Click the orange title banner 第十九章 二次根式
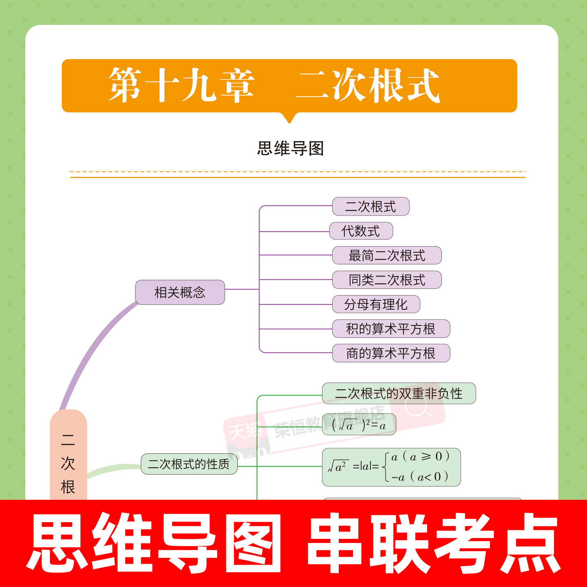(x=289, y=86)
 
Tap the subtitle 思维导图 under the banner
(x=290, y=148)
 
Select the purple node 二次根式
(x=371, y=207)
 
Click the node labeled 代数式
(x=361, y=231)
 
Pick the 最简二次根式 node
(x=387, y=256)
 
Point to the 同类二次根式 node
(x=387, y=280)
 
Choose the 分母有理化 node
(x=376, y=305)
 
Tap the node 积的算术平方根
(x=391, y=329)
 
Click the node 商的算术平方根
(x=391, y=353)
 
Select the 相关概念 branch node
(x=180, y=292)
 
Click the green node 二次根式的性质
(x=189, y=464)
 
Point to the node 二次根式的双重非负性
(x=399, y=393)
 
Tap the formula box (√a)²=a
(x=359, y=425)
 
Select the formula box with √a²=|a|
(x=391, y=467)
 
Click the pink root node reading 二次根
(x=68, y=461)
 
